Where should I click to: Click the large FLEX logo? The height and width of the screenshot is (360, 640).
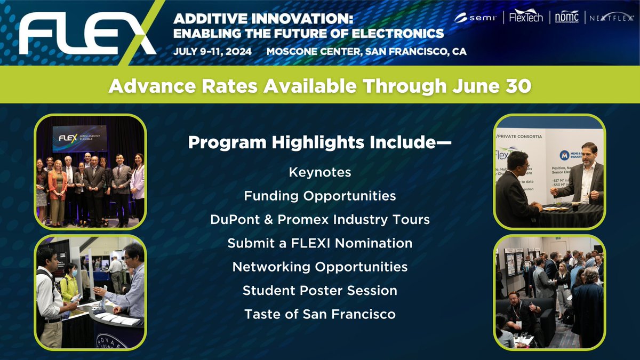click(85, 35)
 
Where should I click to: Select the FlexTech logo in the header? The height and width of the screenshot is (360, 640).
click(526, 17)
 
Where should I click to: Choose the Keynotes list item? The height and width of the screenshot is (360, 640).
click(320, 172)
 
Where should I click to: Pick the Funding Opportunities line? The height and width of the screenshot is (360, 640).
click(320, 196)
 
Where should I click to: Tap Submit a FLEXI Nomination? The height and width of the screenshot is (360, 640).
click(320, 243)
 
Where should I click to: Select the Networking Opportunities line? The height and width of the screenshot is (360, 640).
click(320, 267)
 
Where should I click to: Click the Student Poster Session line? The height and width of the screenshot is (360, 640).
click(320, 290)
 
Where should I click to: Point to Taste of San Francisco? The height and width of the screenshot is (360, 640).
click(320, 314)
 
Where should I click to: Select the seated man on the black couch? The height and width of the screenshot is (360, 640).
click(520, 315)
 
